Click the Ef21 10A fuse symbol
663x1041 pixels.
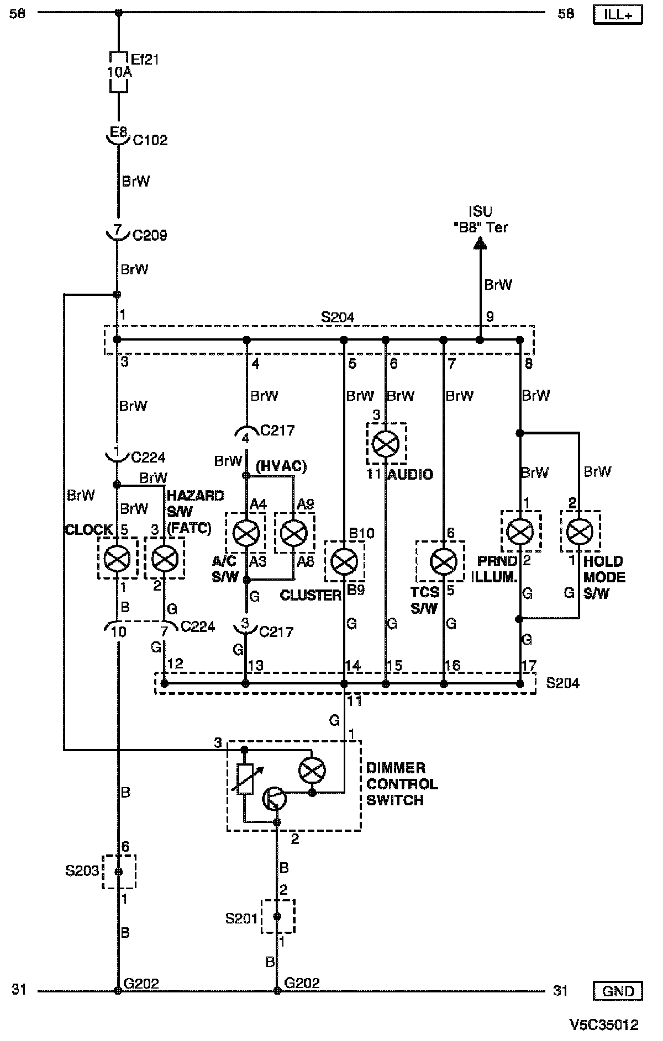tap(118, 72)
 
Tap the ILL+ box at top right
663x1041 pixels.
tap(618, 15)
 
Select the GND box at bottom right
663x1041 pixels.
tap(618, 991)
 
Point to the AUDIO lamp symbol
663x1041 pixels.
tap(386, 443)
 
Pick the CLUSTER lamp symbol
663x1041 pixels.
tap(344, 561)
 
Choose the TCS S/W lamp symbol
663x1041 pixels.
tap(443, 561)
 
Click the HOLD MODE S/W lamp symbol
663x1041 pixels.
tap(579, 532)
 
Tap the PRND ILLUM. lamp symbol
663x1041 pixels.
tap(520, 532)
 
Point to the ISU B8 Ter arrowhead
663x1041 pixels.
tap(480, 242)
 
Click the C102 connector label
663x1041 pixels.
tap(150, 140)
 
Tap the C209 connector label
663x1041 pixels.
tap(150, 236)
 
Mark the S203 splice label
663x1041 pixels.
tap(82, 871)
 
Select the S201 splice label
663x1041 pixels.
tap(242, 918)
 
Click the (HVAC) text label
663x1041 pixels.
tap(281, 466)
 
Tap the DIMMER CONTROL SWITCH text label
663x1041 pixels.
tap(402, 784)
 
